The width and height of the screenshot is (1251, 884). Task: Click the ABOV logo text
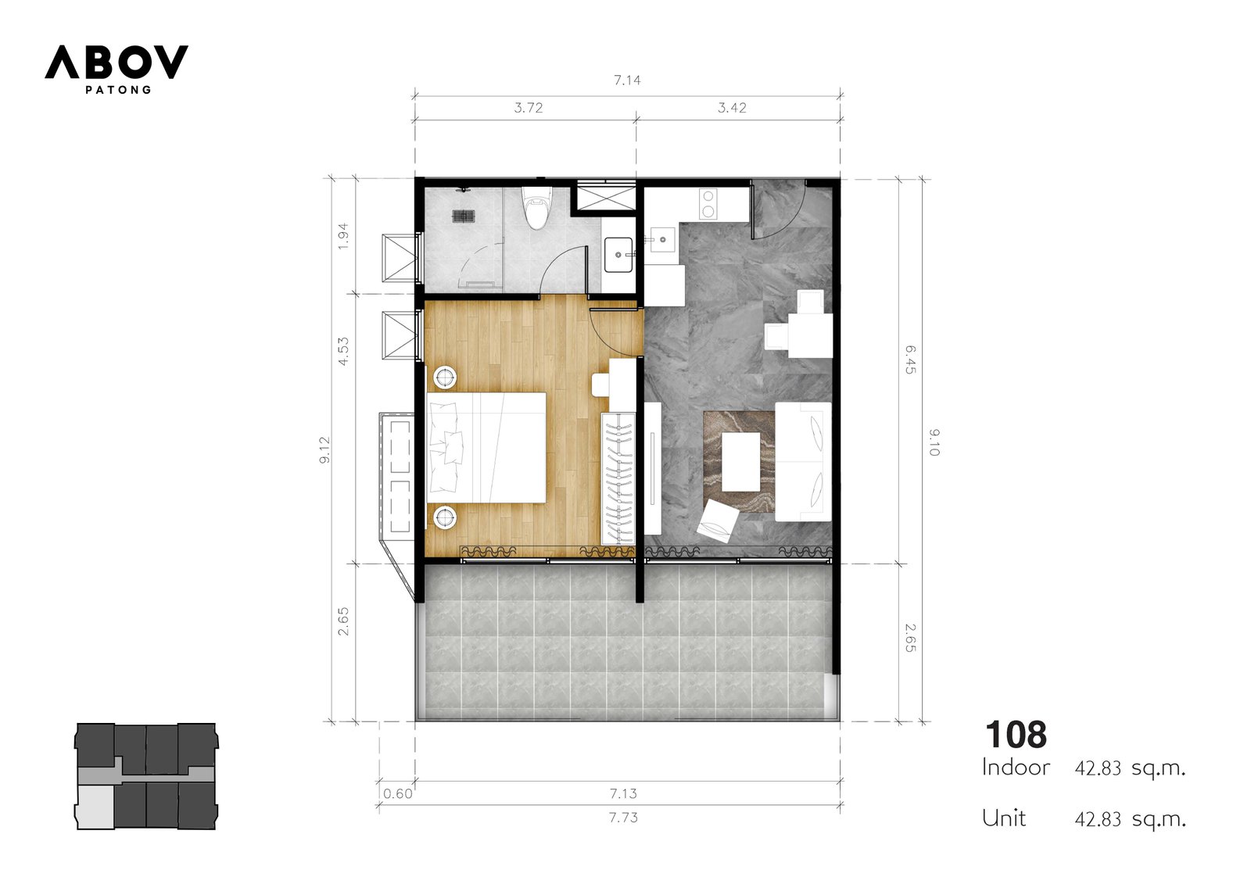coord(116,62)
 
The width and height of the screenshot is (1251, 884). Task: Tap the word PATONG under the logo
coord(118,90)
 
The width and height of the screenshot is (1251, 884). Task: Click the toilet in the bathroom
coord(537,208)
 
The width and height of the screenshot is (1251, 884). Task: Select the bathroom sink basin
coord(618,255)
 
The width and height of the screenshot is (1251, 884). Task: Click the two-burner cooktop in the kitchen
coord(708,204)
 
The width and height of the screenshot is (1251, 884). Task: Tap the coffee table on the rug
coord(740,461)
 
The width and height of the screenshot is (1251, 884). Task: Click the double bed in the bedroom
coord(486,448)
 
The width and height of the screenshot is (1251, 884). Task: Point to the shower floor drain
coord(463,216)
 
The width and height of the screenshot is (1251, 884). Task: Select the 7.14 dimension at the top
coord(627,81)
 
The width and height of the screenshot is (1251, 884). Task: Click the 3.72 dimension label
coord(529,108)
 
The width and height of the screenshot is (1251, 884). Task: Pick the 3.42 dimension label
coord(732,108)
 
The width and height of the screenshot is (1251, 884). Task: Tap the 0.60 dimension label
coord(398,793)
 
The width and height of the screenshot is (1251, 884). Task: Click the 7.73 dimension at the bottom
coord(623,818)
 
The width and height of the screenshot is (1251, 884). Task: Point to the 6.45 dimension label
coord(910,360)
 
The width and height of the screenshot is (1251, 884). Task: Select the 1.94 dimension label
coord(343,236)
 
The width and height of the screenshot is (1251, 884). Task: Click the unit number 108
coord(1016,735)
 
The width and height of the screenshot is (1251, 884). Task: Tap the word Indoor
coord(1016,768)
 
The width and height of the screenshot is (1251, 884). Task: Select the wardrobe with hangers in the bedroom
coord(618,478)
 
